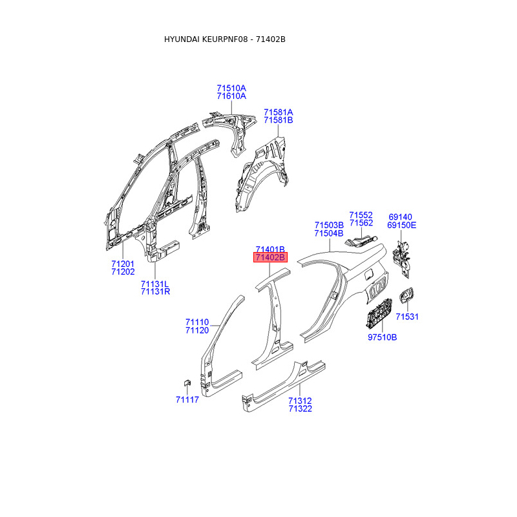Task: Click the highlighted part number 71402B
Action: tap(270, 258)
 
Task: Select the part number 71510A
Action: tap(231, 88)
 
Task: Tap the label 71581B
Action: tap(278, 120)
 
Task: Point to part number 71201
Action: tap(123, 264)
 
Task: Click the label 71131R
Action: tap(155, 291)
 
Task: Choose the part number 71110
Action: tap(197, 322)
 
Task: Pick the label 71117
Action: tap(187, 399)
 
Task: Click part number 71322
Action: tap(301, 409)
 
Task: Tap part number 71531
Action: tap(408, 317)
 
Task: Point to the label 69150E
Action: tap(402, 226)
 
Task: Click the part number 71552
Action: tap(361, 215)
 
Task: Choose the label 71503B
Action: tap(329, 225)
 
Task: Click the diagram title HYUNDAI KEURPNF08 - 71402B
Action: tap(224, 39)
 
